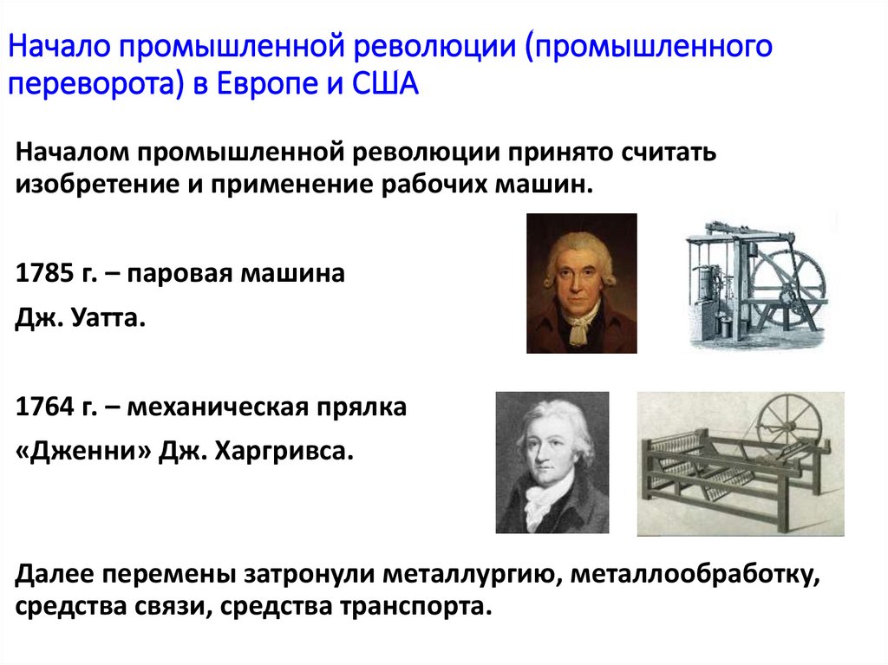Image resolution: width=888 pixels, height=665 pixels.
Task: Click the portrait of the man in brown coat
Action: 581,283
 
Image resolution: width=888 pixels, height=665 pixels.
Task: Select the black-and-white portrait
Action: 552,462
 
